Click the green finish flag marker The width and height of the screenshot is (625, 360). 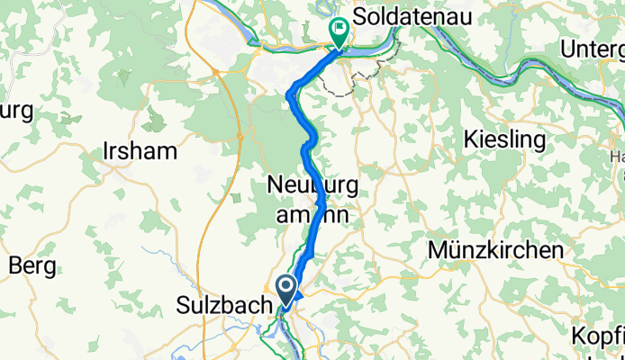pos(340,31)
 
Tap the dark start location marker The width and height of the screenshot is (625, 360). pos(286,290)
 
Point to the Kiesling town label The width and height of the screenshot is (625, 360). pos(504,139)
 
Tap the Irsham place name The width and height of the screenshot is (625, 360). pos(140,150)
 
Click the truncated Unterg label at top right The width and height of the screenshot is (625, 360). pos(592,49)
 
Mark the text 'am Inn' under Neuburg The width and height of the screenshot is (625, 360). pos(311,216)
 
